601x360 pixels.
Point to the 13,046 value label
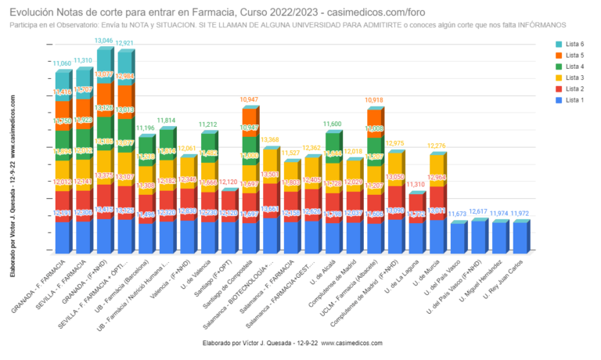tap(103, 41)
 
